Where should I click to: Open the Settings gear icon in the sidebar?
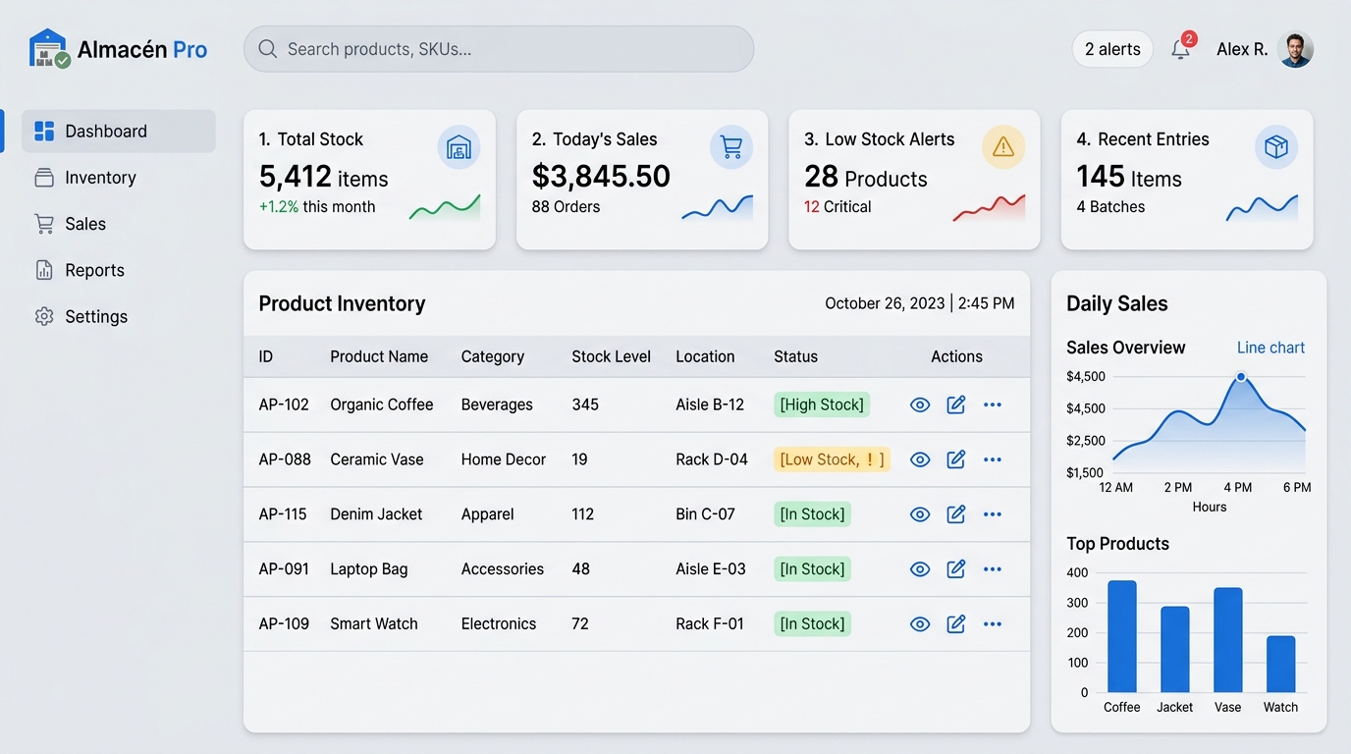tap(44, 317)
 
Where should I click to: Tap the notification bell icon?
tap(1180, 49)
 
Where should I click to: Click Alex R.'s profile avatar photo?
tap(1295, 49)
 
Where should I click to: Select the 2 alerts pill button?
tap(1112, 49)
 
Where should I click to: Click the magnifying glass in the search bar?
tap(267, 49)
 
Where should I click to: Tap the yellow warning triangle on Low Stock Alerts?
tap(1003, 146)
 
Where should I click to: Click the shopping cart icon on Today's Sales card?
tap(731, 146)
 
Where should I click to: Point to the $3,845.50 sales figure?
tap(601, 176)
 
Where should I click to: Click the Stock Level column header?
tap(611, 356)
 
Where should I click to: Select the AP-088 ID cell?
tap(285, 459)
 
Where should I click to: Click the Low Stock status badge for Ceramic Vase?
tap(832, 459)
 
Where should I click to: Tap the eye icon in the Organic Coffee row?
tap(920, 404)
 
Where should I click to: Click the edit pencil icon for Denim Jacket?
tap(956, 513)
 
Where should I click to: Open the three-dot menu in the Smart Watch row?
tap(992, 623)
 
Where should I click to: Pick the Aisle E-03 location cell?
tap(711, 568)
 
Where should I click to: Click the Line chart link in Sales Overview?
tap(1270, 348)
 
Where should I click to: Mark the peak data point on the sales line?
tap(1241, 377)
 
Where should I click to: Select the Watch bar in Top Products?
tap(1280, 664)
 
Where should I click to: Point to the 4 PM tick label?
tap(1238, 487)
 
